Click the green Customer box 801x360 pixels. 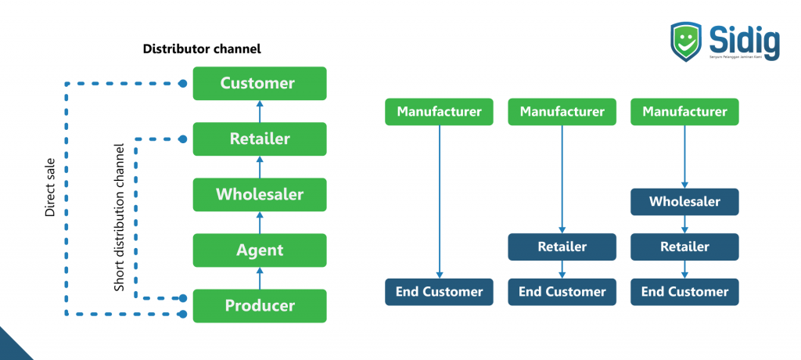[x=259, y=83]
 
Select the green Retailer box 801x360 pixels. [x=259, y=139]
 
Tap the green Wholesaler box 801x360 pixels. [x=259, y=194]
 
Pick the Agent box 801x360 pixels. [x=259, y=250]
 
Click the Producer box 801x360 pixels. [x=259, y=306]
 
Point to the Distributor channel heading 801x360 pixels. [x=202, y=49]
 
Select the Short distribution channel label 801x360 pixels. [x=120, y=218]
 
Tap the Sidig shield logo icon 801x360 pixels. [x=686, y=44]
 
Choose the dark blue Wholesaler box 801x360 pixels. [x=684, y=202]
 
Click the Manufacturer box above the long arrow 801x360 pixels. [x=439, y=112]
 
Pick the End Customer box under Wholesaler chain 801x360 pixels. [x=684, y=292]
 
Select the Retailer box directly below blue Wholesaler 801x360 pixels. [x=684, y=247]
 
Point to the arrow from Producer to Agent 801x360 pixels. [x=260, y=278]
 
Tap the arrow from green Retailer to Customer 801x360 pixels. [x=260, y=111]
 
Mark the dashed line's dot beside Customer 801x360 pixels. [x=183, y=83]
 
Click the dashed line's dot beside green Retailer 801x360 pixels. [x=183, y=139]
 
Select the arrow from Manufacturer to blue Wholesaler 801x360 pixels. [x=685, y=157]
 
